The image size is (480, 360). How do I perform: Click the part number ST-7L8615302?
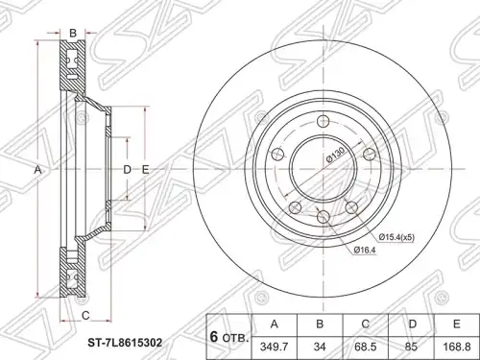point(125,344)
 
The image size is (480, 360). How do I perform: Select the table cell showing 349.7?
point(275,348)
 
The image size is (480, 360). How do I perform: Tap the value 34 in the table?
point(320,348)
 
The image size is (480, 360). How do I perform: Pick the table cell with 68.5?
point(366,348)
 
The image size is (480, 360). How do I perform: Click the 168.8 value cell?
point(457,348)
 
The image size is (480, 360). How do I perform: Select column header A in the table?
point(275,324)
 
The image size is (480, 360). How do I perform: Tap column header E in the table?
point(457,324)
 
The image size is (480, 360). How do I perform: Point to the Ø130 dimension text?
point(334,156)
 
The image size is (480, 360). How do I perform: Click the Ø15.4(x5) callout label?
point(396,237)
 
